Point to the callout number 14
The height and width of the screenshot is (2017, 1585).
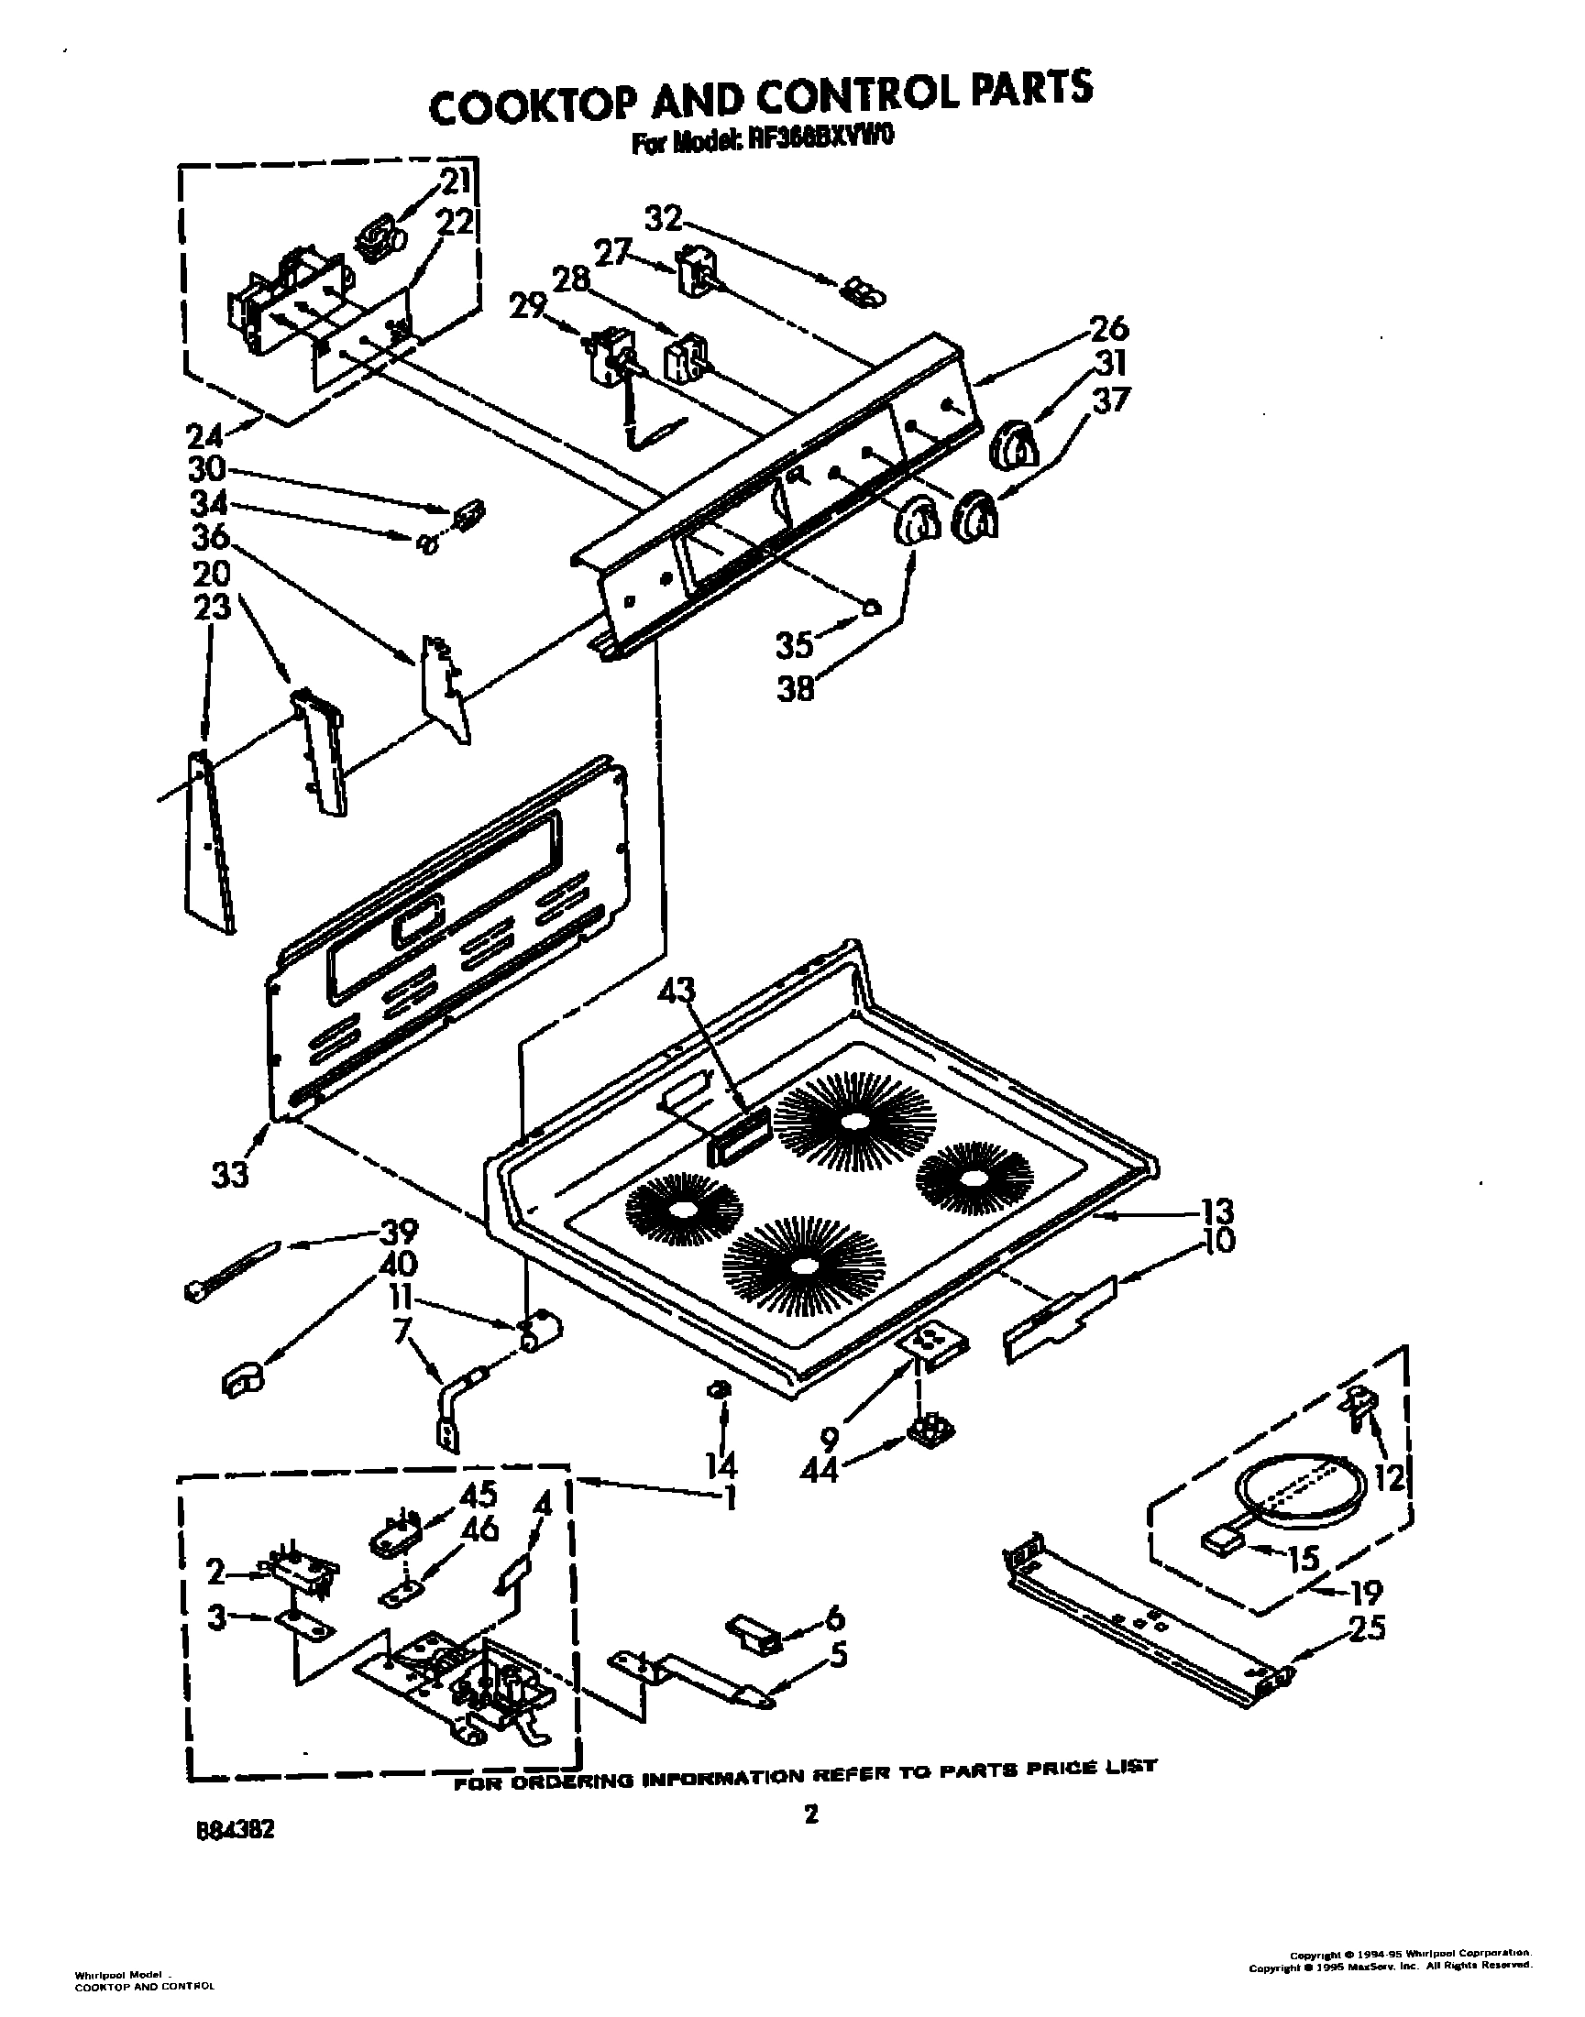(x=721, y=1465)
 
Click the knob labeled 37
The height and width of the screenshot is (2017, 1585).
(x=976, y=516)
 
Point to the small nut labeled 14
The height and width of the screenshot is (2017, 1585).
(x=719, y=1415)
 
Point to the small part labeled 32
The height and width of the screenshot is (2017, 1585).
(x=863, y=294)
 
